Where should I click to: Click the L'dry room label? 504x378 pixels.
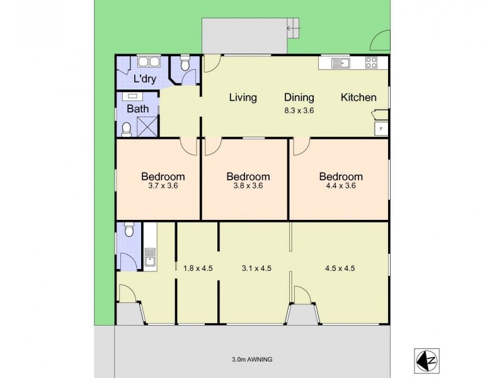(145, 80)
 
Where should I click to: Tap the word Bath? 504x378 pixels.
(138, 108)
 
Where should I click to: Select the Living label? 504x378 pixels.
(243, 98)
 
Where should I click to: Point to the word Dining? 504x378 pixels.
(299, 98)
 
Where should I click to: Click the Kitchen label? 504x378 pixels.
(358, 98)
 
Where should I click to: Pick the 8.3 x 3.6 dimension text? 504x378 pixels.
(299, 110)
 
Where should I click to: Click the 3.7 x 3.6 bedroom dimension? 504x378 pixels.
(163, 186)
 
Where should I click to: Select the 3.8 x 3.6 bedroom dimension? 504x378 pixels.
(248, 186)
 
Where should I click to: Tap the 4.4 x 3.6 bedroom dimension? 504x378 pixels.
(340, 186)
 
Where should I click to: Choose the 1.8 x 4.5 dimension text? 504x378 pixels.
(198, 268)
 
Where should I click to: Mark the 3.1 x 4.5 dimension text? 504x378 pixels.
(256, 268)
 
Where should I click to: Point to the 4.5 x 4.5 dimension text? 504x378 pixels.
(340, 268)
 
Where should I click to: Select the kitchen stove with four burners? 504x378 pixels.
(371, 62)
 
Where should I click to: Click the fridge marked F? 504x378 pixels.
(380, 129)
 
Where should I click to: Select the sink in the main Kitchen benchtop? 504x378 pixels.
(341, 62)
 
